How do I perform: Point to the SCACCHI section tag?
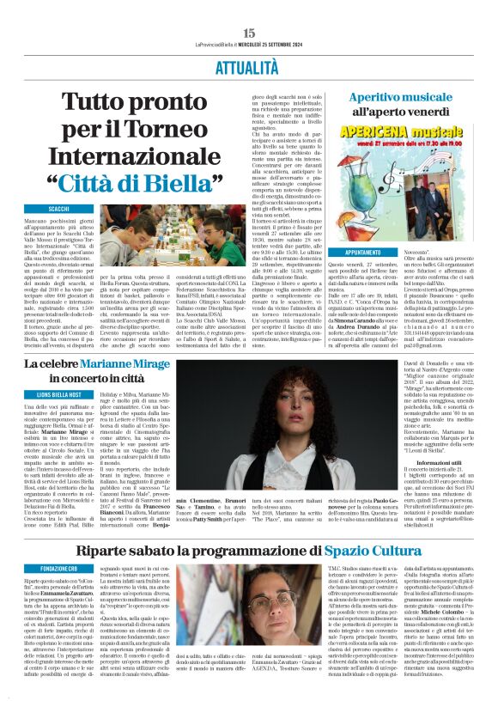59,210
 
